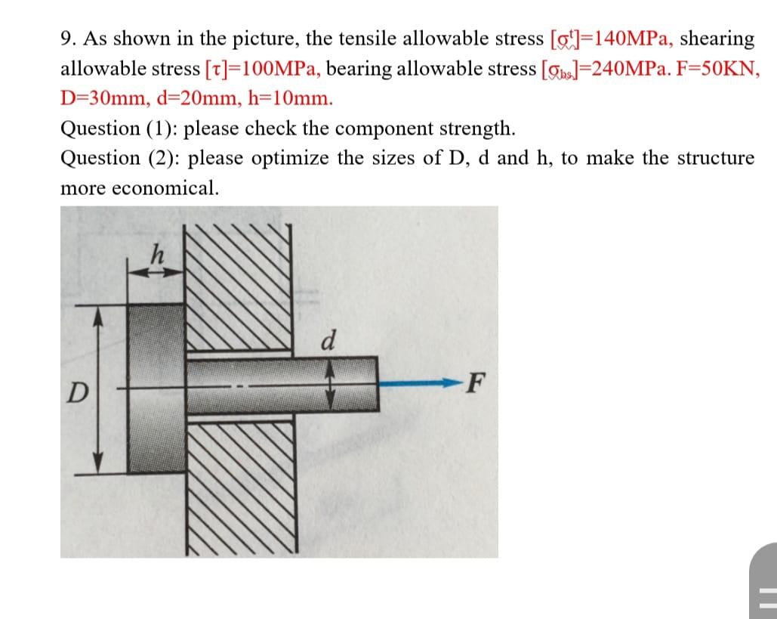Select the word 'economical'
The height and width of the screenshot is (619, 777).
pos(165,187)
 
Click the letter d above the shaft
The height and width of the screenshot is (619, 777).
pos(328,341)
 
